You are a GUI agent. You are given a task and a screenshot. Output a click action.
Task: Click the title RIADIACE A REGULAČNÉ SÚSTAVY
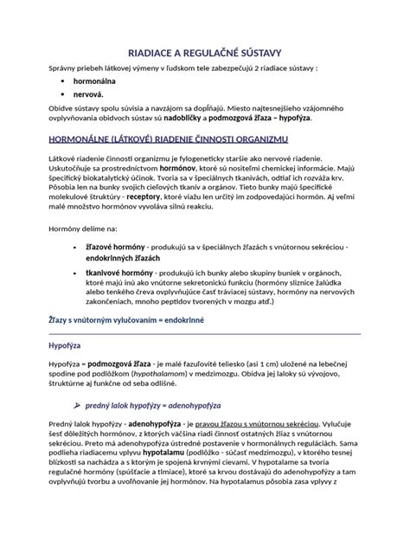205,52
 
